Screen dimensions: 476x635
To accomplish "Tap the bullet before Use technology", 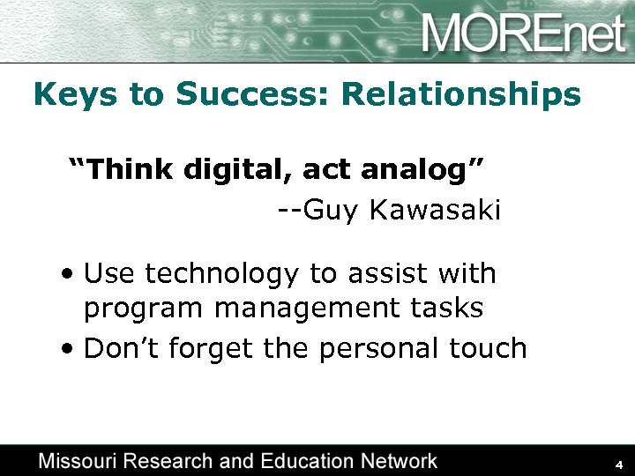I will click(x=69, y=274).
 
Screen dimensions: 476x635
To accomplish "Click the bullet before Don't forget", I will click(x=69, y=349).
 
